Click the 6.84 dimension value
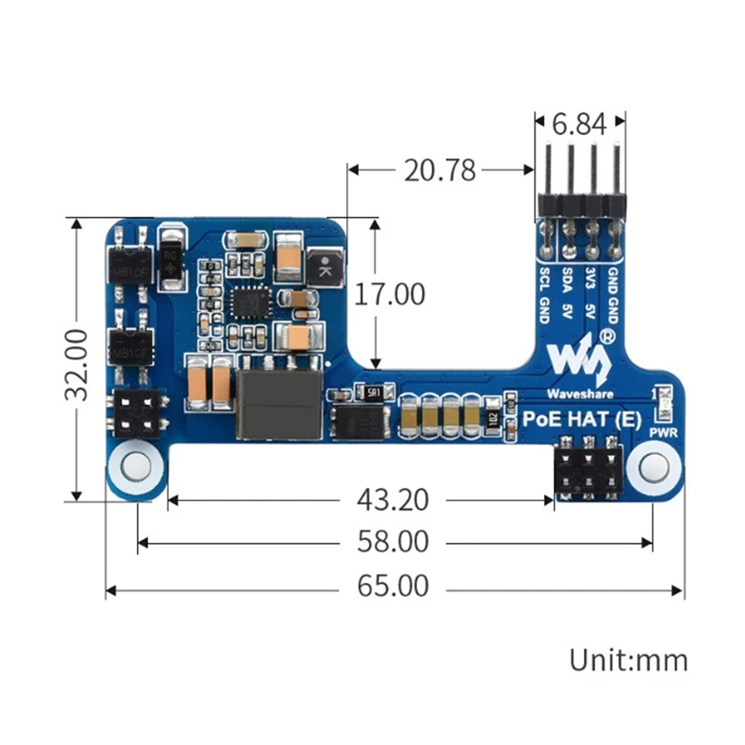tap(579, 123)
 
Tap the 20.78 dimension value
tap(440, 170)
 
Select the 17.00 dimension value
tap(390, 294)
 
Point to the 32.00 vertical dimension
tap(77, 361)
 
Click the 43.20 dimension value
tap(392, 500)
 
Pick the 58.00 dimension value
tap(392, 541)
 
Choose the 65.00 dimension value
tap(392, 587)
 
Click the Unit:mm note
tap(629, 660)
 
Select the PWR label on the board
tap(662, 432)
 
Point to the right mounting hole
tap(653, 467)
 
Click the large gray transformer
tap(278, 403)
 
